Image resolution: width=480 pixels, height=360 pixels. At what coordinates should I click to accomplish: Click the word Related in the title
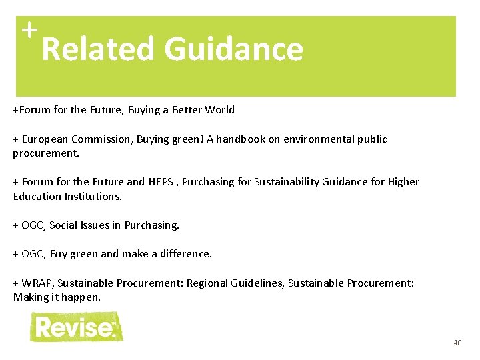click(x=99, y=49)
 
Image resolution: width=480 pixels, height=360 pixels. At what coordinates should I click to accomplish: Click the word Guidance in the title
click(x=233, y=49)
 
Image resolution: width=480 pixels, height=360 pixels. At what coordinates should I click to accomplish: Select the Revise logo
click(x=76, y=327)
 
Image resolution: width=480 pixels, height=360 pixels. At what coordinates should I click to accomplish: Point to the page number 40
click(x=457, y=343)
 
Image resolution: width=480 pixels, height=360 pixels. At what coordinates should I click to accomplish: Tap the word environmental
click(x=318, y=139)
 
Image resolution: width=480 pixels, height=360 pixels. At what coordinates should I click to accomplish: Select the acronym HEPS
click(x=161, y=182)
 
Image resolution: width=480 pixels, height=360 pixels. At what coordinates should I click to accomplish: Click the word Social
click(x=65, y=225)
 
